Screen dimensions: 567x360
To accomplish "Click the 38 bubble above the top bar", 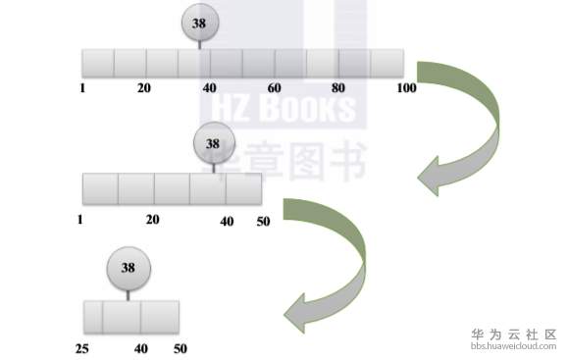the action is click(x=199, y=23).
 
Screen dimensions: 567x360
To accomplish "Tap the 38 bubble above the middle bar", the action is click(x=213, y=143).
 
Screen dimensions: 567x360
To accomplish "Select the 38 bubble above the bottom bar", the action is click(x=128, y=267).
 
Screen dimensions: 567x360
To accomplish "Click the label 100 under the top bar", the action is click(x=407, y=88).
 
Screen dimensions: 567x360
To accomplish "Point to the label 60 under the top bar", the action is click(x=274, y=88).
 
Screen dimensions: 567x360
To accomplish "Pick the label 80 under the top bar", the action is click(x=339, y=88).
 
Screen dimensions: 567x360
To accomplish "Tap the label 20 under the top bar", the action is click(x=144, y=88).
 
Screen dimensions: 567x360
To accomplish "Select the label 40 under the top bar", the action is click(x=209, y=88).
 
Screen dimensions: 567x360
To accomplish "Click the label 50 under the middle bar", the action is click(x=263, y=222).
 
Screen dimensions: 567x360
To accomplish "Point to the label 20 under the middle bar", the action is click(x=152, y=220).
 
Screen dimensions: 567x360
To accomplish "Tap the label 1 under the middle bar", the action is click(x=79, y=220).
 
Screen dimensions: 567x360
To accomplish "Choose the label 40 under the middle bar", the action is click(x=227, y=222).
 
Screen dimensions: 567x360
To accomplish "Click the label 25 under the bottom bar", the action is click(x=82, y=348).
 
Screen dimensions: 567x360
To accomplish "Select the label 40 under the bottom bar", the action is click(x=140, y=348).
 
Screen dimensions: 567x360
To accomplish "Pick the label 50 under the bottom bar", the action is click(x=180, y=348).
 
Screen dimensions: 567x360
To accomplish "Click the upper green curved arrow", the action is click(x=466, y=128).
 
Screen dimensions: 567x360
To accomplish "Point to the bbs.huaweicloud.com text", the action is click(x=514, y=345).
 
